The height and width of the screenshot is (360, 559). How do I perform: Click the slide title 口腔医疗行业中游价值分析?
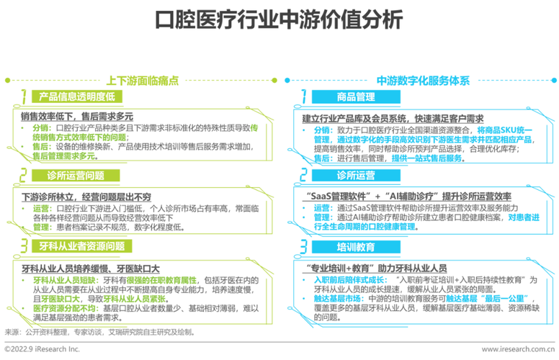click(279, 19)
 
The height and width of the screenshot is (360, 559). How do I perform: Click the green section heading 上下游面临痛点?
click(143, 81)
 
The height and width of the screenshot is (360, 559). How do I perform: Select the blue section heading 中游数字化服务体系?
click(423, 81)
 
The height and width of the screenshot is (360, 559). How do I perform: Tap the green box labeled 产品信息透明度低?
click(77, 96)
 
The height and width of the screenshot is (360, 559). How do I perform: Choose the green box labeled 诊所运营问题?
click(76, 176)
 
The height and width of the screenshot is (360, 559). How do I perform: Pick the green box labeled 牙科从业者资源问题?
click(82, 246)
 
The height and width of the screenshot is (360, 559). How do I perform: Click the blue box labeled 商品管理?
click(356, 96)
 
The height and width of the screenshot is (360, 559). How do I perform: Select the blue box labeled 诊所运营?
click(356, 176)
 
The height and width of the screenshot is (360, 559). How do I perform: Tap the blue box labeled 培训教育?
click(356, 247)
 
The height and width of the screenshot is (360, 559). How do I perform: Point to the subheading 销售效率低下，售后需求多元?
click(77, 116)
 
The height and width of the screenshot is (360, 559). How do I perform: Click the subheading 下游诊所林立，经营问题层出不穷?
click(86, 197)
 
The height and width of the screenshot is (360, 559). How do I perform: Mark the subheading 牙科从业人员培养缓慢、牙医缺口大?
click(91, 269)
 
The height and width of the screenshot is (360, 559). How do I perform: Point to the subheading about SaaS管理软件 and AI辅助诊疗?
click(409, 196)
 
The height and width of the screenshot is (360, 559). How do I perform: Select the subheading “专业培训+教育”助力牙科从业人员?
click(377, 268)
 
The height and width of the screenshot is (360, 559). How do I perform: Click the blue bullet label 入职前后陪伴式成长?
click(349, 280)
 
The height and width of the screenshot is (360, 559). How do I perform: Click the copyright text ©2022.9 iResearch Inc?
click(42, 349)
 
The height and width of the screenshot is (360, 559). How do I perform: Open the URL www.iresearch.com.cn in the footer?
click(518, 349)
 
